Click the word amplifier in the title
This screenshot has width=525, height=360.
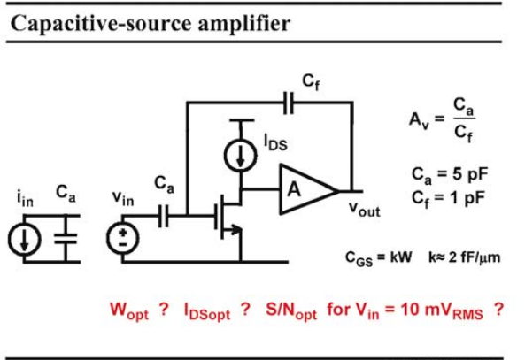point(244,23)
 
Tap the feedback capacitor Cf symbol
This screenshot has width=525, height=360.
point(289,103)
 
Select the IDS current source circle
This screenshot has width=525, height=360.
point(241,155)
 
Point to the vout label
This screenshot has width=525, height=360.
point(364,209)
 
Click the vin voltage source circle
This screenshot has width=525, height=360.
point(122,238)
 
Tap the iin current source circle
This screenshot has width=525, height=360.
point(24,239)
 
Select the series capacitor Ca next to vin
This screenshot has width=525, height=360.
point(164,216)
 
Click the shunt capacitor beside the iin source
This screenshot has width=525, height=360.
point(66,238)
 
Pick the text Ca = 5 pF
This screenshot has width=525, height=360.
point(450,174)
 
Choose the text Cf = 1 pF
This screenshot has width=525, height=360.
point(448,198)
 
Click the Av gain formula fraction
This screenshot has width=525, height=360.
point(464,119)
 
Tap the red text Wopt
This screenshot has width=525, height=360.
point(129,310)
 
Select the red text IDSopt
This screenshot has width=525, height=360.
point(207,311)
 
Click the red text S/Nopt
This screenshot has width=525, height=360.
point(291,310)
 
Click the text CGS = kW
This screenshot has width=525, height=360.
point(379,258)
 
